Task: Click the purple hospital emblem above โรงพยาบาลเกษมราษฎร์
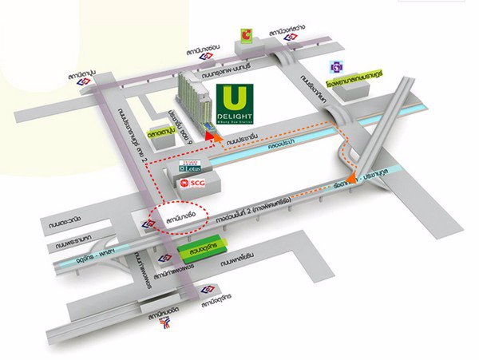[x=334, y=70]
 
